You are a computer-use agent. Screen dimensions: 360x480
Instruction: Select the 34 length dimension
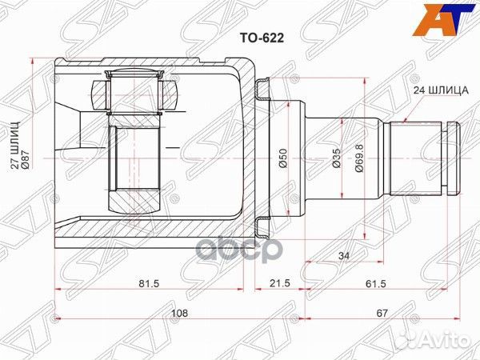click(x=343, y=256)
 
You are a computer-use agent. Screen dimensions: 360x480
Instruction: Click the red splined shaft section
click(x=415, y=159)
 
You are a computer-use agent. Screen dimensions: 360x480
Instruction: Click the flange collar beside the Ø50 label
click(x=262, y=152)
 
